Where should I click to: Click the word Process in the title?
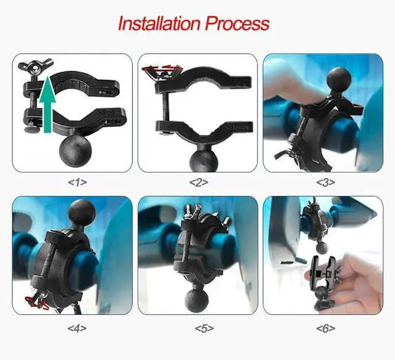tap(237, 23)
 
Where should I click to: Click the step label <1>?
tap(77, 182)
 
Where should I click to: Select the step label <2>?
tap(198, 182)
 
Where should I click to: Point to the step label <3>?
tap(325, 182)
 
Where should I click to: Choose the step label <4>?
tap(77, 327)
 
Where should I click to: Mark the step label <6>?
tap(325, 327)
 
